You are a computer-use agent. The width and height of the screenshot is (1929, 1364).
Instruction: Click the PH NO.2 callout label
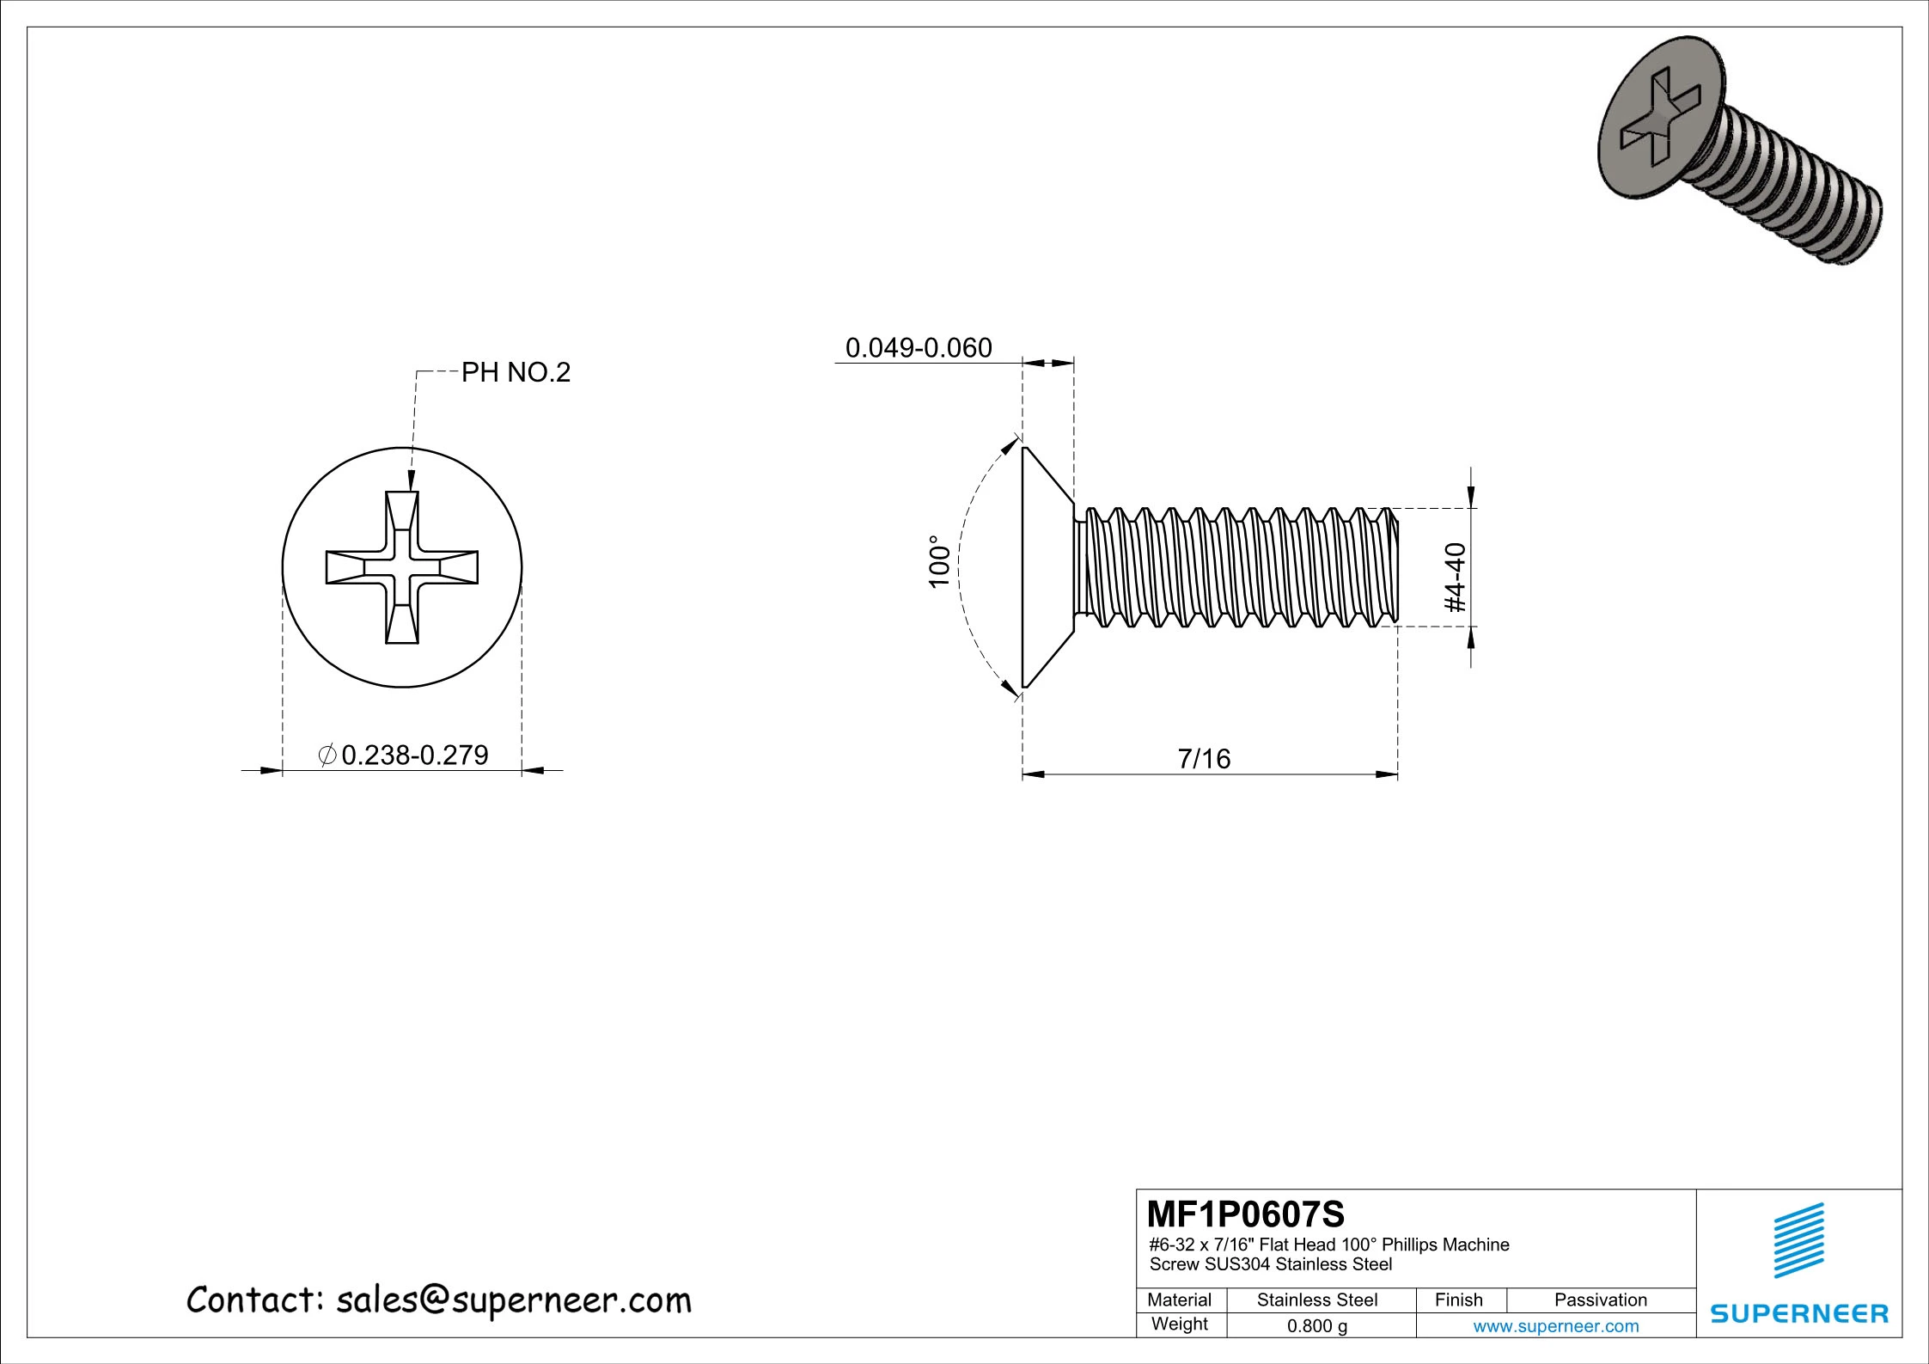coord(516,373)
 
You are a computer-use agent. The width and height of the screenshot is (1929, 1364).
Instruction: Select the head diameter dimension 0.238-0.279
coord(415,755)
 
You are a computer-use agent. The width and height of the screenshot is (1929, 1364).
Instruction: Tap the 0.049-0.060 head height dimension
coord(919,348)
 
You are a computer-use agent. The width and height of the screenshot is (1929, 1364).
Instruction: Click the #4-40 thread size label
coord(1456,578)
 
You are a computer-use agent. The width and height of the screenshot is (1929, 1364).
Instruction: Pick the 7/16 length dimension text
coord(1204,759)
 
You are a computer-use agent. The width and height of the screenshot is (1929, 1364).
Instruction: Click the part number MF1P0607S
coord(1246,1214)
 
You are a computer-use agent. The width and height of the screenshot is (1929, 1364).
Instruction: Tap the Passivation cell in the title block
coord(1600,1300)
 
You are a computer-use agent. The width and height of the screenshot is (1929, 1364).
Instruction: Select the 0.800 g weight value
coord(1316,1326)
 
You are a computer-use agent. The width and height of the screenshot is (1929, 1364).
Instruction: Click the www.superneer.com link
coord(1555,1326)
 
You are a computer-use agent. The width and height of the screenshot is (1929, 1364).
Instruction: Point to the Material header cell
coord(1179,1300)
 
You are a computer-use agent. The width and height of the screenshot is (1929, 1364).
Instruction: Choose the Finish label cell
coord(1458,1300)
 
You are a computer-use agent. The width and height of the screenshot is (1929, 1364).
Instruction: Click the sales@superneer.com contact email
coord(513,1300)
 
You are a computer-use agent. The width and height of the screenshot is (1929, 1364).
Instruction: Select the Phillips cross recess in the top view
coord(402,567)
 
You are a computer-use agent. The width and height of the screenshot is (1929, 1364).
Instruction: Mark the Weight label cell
coord(1179,1324)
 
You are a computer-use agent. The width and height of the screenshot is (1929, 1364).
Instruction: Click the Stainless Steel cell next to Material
coord(1316,1300)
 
